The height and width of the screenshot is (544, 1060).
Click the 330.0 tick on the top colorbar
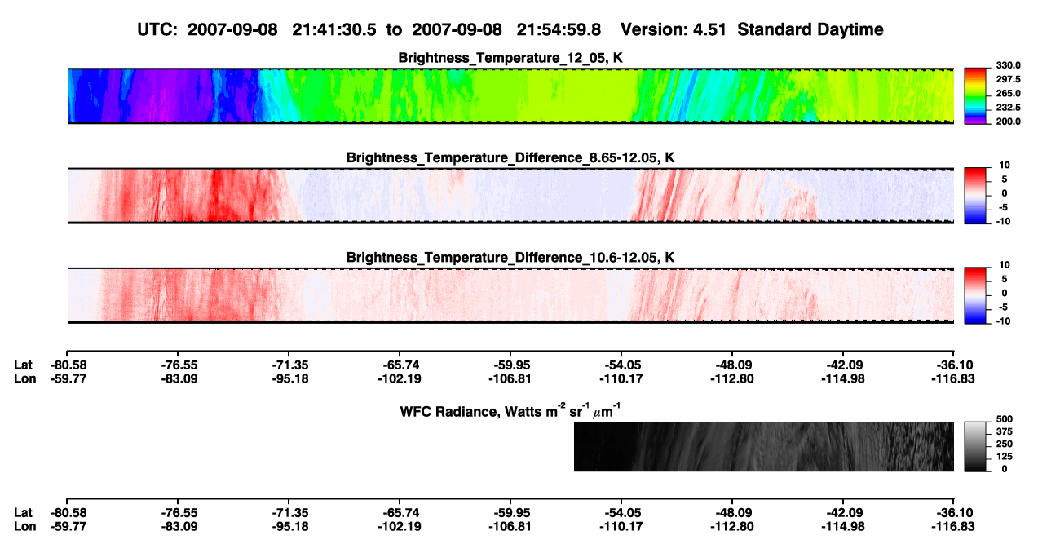(1008, 65)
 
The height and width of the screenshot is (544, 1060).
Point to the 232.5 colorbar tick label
(1008, 108)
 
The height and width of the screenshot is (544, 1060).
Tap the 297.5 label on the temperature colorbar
(1008, 80)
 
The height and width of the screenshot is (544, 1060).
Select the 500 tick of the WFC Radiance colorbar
(1005, 419)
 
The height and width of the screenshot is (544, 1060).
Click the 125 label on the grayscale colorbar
(1005, 457)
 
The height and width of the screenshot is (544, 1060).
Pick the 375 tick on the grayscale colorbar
(1005, 431)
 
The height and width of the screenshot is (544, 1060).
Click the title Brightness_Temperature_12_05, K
(510, 58)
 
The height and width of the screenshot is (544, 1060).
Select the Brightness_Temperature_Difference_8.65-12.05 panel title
(510, 157)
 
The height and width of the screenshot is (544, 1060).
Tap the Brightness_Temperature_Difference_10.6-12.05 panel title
(510, 258)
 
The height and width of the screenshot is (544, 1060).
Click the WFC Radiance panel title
(510, 411)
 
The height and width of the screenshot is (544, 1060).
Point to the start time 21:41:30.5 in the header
(334, 30)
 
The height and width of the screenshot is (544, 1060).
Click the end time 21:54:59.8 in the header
(559, 30)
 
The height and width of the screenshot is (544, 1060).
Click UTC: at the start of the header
(157, 30)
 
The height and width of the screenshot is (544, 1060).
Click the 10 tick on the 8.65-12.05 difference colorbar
(1005, 166)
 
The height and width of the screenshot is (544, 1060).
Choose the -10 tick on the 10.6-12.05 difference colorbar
(1003, 321)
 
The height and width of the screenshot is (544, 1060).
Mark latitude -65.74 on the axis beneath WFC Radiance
(400, 513)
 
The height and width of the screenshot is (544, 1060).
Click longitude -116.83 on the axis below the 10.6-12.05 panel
(953, 378)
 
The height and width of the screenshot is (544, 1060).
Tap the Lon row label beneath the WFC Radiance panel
(25, 527)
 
